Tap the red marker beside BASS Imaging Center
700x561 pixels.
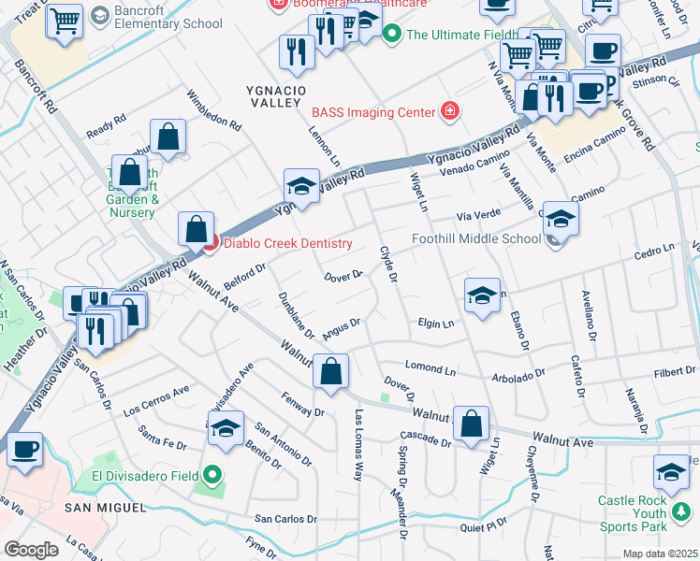point(450,112)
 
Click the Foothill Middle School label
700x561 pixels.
point(476,238)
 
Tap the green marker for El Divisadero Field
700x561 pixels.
point(211,474)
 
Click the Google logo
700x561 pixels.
point(31,550)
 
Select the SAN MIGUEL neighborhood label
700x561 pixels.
point(105,507)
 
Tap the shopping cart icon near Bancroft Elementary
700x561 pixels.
point(65,21)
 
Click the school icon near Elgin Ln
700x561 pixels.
point(481,296)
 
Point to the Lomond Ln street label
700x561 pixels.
point(430,367)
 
